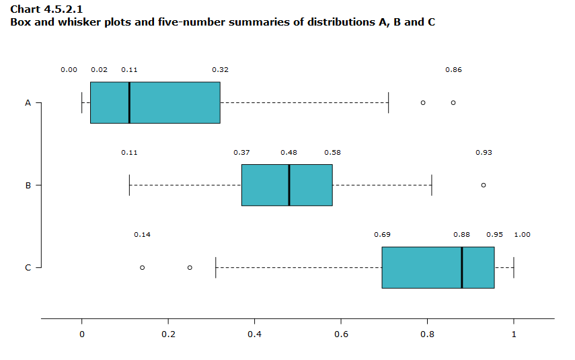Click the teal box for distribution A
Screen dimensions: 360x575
[155, 102]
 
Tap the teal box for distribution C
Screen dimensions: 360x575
[438, 267]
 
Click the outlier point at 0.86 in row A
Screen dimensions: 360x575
[453, 102]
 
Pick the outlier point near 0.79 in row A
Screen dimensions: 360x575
[423, 102]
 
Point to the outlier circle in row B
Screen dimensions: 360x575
[484, 185]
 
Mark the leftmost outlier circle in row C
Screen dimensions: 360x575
[142, 267]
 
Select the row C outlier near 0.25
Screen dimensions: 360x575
[190, 267]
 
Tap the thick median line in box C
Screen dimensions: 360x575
[462, 267]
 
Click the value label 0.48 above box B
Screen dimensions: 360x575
[289, 153]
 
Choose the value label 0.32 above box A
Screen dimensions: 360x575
[220, 70]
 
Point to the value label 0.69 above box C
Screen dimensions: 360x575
[382, 235]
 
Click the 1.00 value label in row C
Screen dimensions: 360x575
[522, 235]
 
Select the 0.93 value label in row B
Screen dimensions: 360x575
[484, 153]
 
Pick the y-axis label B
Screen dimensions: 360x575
[28, 185]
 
